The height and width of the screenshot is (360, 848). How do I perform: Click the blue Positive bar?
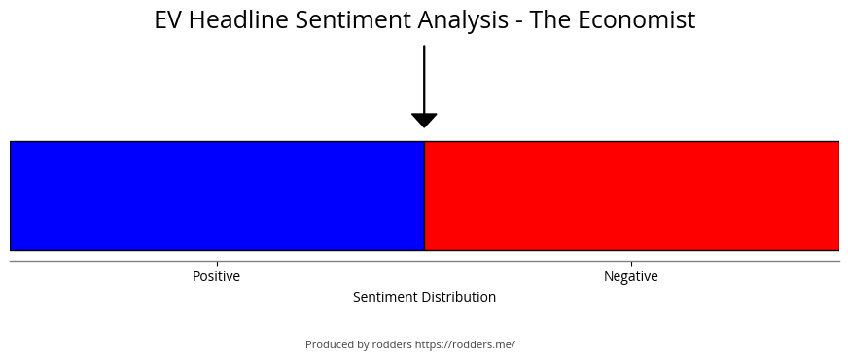pos(218,196)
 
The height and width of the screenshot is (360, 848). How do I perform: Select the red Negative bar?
pos(632,196)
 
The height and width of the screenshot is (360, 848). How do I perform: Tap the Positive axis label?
pos(216,276)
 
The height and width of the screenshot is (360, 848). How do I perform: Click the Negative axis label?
pos(630,276)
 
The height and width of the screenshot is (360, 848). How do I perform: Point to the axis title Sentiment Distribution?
pos(425,297)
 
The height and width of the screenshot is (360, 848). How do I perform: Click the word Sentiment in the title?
pos(353,20)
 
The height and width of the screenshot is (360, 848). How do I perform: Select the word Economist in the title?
pos(637,20)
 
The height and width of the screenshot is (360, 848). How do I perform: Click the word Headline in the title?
pos(238,20)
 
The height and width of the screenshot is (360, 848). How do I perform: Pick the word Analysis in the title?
pos(463,21)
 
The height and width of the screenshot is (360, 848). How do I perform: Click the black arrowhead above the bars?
pos(424,121)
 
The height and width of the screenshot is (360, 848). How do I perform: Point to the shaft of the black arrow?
pos(424,79)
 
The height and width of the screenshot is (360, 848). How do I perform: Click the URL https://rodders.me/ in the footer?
pos(465,344)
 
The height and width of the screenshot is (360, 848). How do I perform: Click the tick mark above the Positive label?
pos(218,265)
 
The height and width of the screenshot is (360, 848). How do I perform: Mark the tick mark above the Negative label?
pos(631,265)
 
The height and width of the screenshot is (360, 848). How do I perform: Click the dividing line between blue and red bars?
pos(425,196)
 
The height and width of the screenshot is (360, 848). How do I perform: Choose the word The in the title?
pos(550,20)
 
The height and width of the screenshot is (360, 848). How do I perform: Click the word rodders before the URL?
pos(392,344)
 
